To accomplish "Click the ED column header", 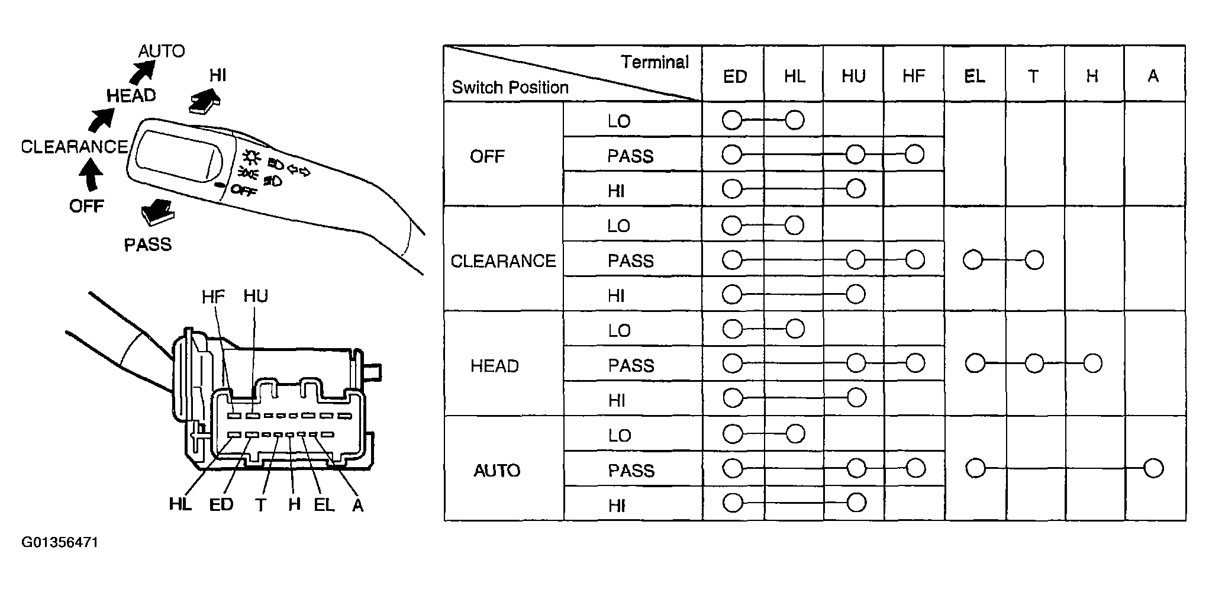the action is (735, 76).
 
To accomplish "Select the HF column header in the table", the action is (914, 76).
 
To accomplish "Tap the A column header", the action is (1153, 76).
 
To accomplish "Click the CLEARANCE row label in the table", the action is (504, 261).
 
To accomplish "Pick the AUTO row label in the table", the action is (497, 471).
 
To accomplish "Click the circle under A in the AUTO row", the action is (1153, 468).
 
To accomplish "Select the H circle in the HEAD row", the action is (1092, 363).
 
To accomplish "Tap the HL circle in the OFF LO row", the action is (794, 120).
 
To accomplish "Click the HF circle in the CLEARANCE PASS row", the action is (915, 259).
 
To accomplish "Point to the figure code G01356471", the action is (60, 543).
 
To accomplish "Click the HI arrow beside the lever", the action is (204, 99).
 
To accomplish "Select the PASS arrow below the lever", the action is (157, 212).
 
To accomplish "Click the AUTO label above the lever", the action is (161, 52).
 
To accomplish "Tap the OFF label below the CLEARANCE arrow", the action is (86, 206).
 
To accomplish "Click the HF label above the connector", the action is (213, 297).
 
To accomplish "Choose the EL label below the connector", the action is (324, 504).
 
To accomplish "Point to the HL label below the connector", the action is (180, 504).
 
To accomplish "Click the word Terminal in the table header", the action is (655, 62).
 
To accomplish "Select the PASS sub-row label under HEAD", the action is (631, 365).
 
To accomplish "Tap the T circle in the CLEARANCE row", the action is (1034, 260).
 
